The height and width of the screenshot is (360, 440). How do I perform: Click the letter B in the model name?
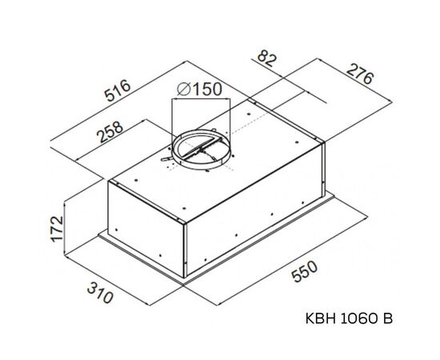(388, 319)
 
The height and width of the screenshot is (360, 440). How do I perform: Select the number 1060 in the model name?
(358, 319)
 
